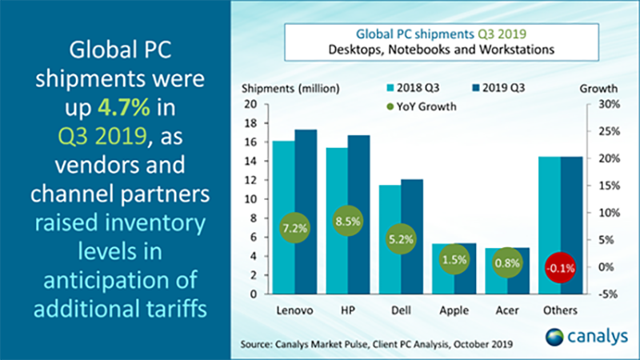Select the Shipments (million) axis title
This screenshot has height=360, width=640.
point(287,87)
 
